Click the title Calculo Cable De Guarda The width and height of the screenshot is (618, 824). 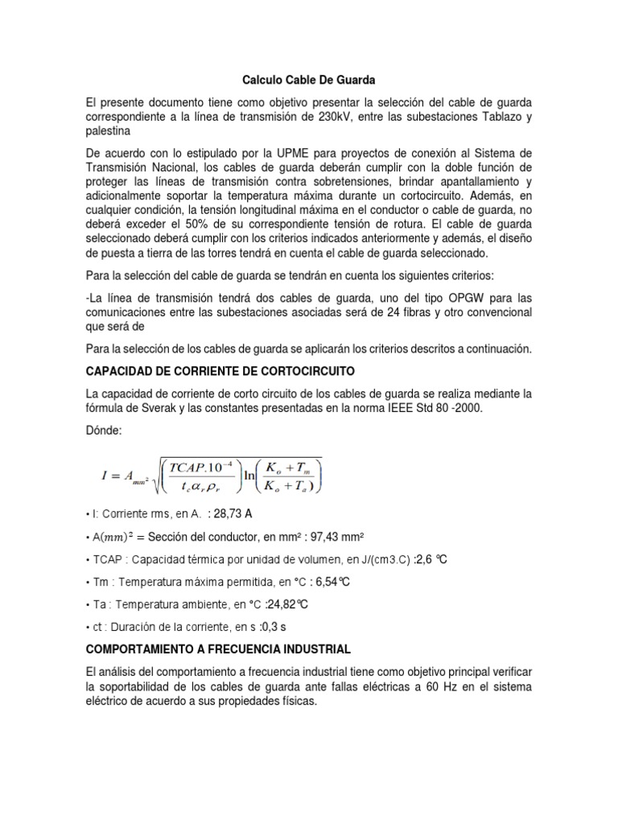point(310,80)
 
